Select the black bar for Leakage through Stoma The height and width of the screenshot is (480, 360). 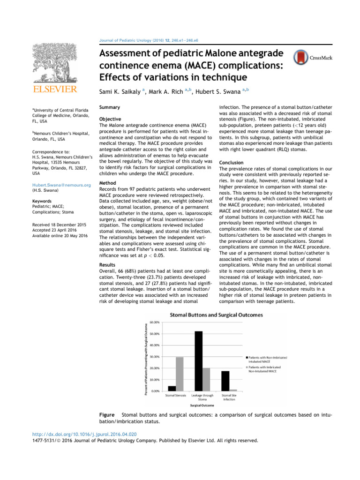click(x=198, y=361)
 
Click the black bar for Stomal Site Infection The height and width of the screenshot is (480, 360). click(x=225, y=381)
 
